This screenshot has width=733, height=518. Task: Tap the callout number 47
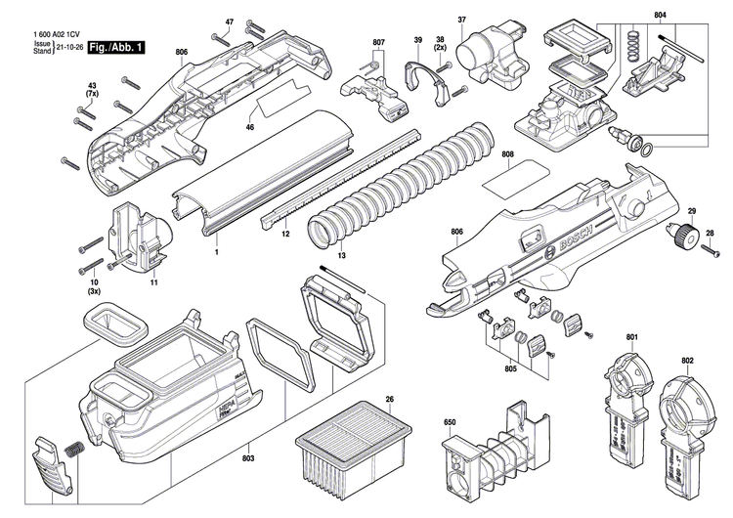[x=230, y=22]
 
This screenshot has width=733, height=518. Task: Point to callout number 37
[x=462, y=21]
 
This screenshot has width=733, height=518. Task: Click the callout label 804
[x=660, y=16]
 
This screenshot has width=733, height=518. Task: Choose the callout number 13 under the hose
[x=342, y=255]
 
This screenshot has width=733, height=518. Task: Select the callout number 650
[x=450, y=422]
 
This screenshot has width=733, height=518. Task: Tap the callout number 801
[x=631, y=338]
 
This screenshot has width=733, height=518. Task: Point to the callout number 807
[x=379, y=43]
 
